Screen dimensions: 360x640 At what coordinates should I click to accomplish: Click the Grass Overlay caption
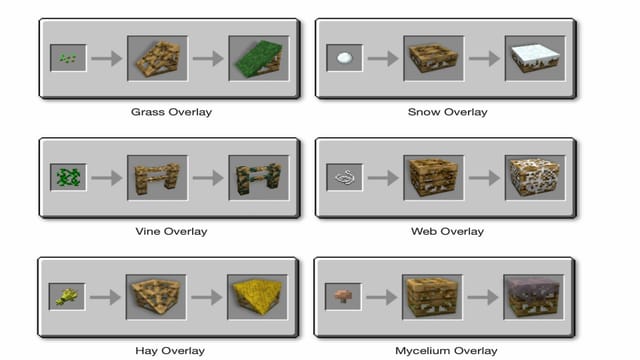click(171, 112)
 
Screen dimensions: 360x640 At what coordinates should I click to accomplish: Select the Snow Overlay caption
click(449, 112)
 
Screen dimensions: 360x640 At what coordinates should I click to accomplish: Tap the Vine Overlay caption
click(171, 231)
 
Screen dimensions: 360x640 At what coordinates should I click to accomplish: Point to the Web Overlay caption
click(449, 231)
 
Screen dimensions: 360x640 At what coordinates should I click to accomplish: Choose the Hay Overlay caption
click(171, 351)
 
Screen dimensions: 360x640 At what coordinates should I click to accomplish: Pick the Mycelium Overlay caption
click(449, 351)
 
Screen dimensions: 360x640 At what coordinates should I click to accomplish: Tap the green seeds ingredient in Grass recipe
click(68, 58)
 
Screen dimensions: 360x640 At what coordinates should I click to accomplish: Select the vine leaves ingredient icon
click(68, 177)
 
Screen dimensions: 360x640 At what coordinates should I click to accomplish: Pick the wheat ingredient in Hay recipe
click(68, 297)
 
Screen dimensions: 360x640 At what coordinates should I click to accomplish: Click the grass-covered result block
click(258, 58)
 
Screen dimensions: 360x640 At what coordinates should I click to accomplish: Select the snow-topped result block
click(535, 58)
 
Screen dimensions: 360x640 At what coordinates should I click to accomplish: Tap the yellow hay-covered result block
click(258, 297)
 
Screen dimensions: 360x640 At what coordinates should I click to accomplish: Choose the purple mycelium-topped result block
click(535, 297)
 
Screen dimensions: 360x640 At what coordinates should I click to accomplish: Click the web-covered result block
click(535, 177)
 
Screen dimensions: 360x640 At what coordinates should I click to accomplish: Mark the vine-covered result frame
click(258, 177)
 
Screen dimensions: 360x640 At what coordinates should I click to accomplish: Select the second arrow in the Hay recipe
click(208, 297)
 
